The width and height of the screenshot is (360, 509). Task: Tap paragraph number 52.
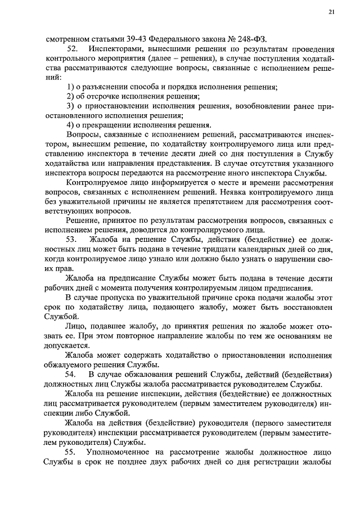(72, 49)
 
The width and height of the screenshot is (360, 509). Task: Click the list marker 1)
(70, 87)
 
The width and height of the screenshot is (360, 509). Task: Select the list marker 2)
(70, 97)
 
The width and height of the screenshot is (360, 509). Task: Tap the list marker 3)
(70, 106)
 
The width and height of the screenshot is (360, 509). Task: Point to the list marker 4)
(70, 125)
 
